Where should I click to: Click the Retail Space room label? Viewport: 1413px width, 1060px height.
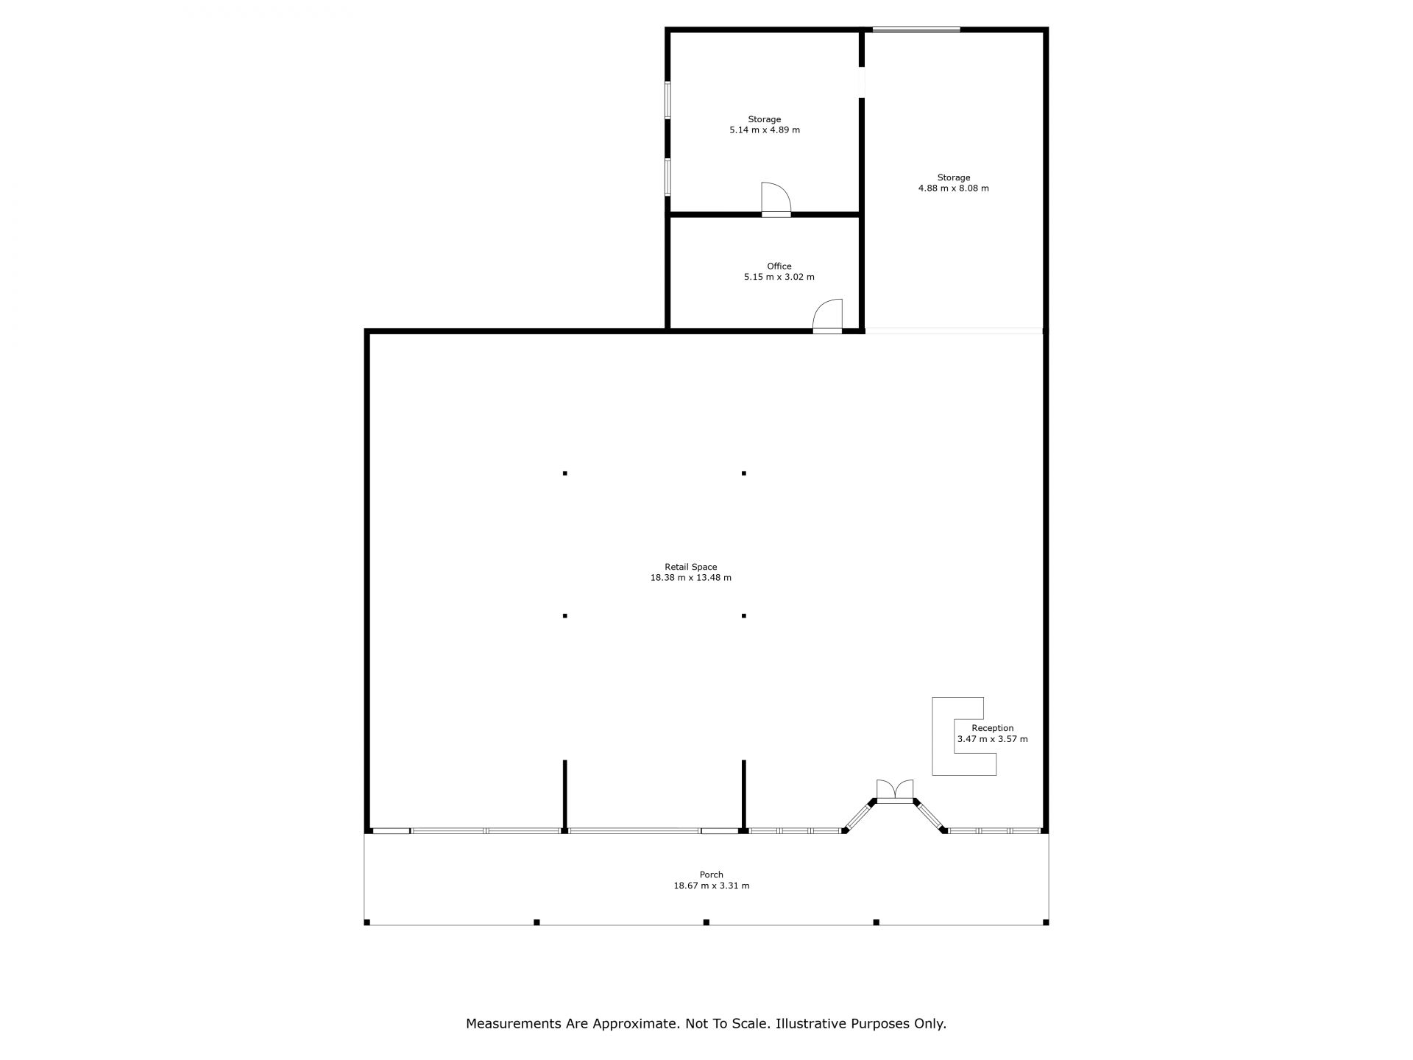(x=690, y=567)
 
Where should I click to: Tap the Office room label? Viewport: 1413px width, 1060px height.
(x=779, y=266)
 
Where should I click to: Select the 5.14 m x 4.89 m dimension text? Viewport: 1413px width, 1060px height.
(x=765, y=130)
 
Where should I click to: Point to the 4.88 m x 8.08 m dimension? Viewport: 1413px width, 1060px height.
(x=953, y=188)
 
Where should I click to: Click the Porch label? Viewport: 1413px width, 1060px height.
(x=712, y=875)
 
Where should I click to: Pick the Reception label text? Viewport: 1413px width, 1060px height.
(x=993, y=728)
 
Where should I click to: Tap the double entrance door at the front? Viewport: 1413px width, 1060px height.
(x=895, y=791)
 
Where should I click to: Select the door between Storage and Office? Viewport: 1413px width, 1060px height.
(x=776, y=199)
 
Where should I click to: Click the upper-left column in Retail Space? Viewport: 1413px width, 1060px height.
(x=565, y=473)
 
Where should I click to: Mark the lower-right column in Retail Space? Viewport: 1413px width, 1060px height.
(x=744, y=615)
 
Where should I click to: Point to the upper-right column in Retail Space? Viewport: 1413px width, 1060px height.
(x=744, y=473)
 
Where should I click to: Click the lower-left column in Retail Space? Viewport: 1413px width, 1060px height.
(x=565, y=615)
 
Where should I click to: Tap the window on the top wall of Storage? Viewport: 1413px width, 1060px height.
(x=916, y=30)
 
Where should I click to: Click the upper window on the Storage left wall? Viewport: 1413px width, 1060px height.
(x=668, y=100)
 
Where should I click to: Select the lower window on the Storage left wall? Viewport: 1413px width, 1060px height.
(x=668, y=177)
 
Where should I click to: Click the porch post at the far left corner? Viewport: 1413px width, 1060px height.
(x=366, y=922)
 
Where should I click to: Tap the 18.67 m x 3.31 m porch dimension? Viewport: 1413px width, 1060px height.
(x=712, y=886)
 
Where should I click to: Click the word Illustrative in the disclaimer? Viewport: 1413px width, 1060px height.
(x=811, y=1023)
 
